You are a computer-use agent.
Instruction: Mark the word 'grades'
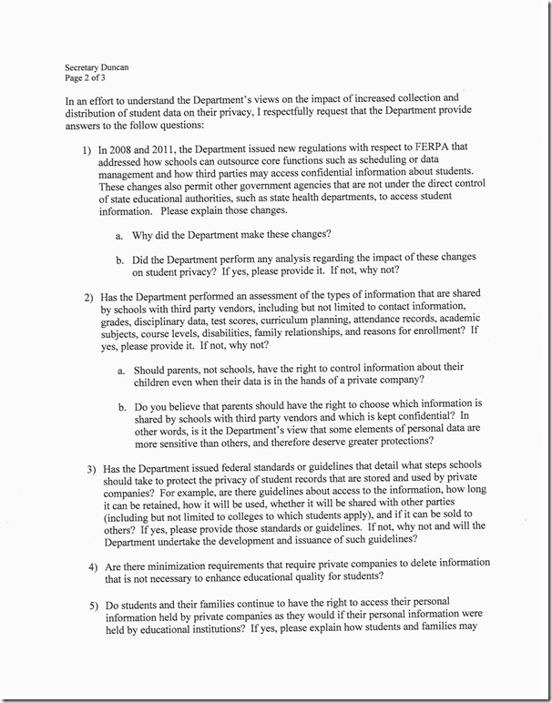click(128, 320)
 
